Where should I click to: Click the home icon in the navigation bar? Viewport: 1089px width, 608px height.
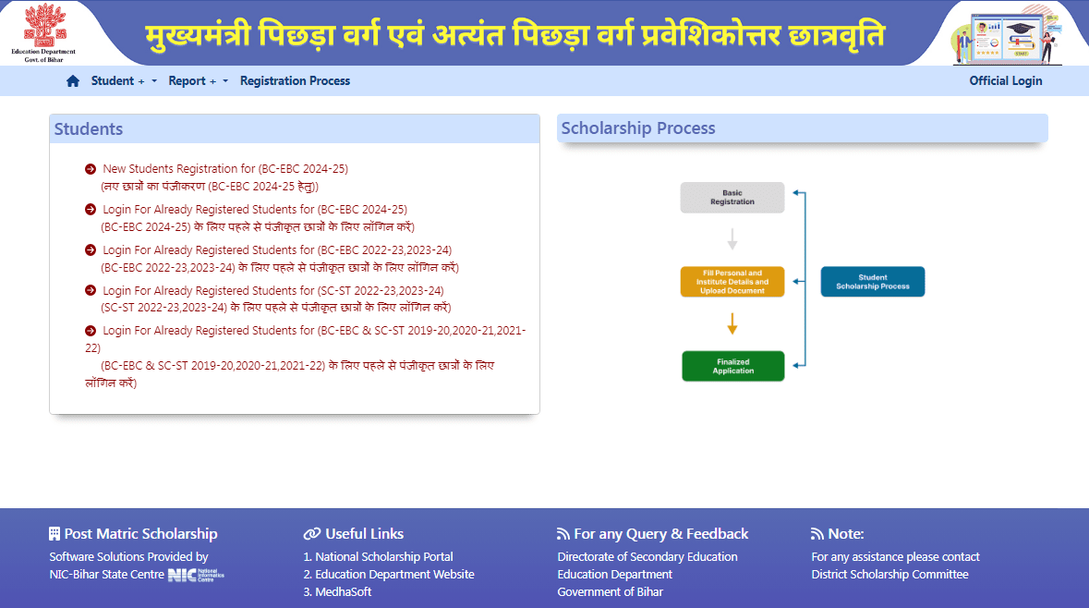click(x=73, y=81)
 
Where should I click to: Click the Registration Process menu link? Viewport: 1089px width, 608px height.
click(x=295, y=81)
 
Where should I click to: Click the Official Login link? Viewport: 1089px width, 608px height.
click(x=1005, y=81)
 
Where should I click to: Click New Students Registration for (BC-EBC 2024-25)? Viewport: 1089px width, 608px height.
click(x=224, y=169)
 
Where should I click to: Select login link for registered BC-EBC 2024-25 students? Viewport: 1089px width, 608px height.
click(x=254, y=210)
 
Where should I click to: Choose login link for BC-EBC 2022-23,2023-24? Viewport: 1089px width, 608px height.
click(x=276, y=250)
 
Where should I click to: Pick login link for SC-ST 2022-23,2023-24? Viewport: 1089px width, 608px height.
click(x=272, y=291)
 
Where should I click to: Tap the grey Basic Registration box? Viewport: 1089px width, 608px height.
click(x=732, y=198)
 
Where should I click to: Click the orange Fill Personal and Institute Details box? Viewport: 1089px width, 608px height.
click(x=732, y=282)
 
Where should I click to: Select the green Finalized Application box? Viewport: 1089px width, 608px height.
click(x=732, y=366)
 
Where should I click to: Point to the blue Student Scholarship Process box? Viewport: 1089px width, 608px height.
click(x=872, y=282)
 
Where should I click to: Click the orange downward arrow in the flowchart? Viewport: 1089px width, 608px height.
click(x=732, y=323)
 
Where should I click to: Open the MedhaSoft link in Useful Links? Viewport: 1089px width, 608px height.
click(x=343, y=592)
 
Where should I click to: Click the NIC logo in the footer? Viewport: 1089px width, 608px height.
click(x=195, y=575)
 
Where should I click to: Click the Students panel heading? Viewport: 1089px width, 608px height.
click(x=89, y=129)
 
